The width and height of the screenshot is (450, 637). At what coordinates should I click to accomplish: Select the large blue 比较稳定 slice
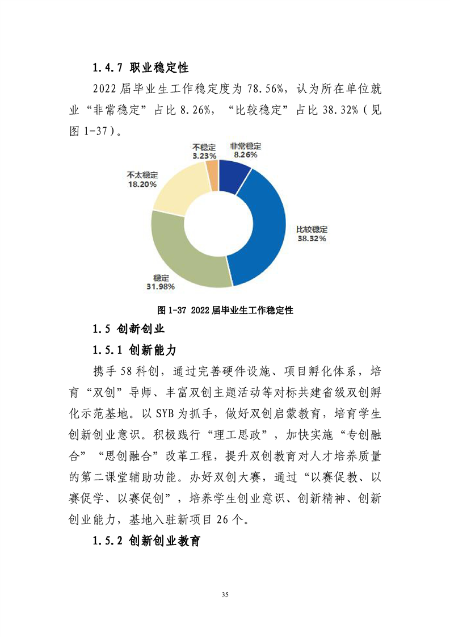pyautogui.click(x=264, y=227)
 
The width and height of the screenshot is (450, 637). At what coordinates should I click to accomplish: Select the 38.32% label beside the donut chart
pyautogui.click(x=312, y=239)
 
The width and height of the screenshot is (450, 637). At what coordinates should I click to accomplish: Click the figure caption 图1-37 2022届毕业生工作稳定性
pyautogui.click(x=225, y=310)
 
